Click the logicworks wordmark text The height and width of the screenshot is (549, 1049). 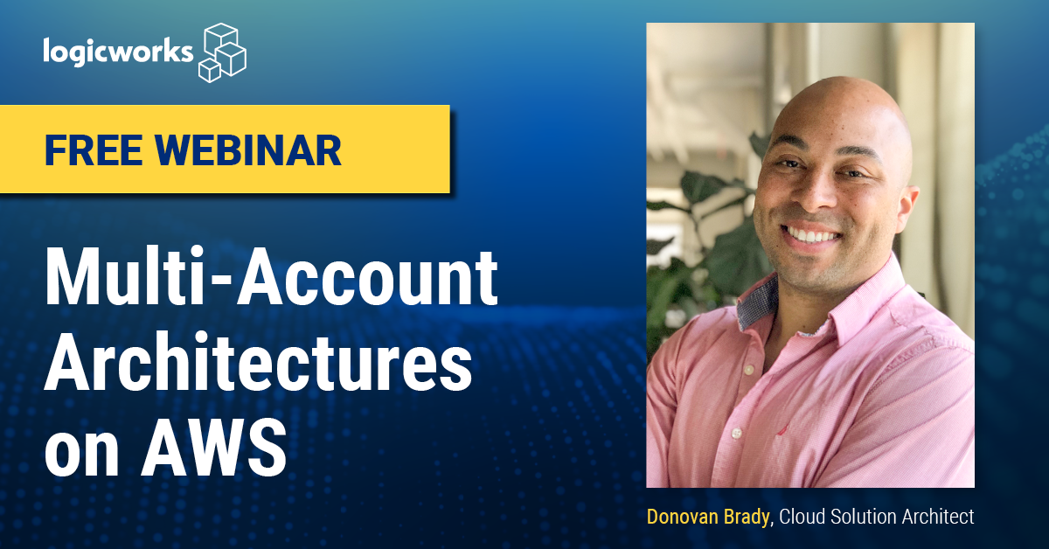118,52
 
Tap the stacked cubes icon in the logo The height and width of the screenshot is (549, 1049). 222,52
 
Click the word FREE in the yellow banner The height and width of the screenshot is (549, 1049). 94,150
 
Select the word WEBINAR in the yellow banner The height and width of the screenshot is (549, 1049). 248,150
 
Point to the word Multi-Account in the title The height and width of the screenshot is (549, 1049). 271,277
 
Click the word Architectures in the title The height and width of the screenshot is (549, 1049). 258,361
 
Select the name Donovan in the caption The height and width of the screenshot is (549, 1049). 683,517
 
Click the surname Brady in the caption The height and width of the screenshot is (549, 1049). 747,518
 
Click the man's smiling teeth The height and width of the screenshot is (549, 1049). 811,234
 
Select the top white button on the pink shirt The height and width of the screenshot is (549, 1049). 749,370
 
